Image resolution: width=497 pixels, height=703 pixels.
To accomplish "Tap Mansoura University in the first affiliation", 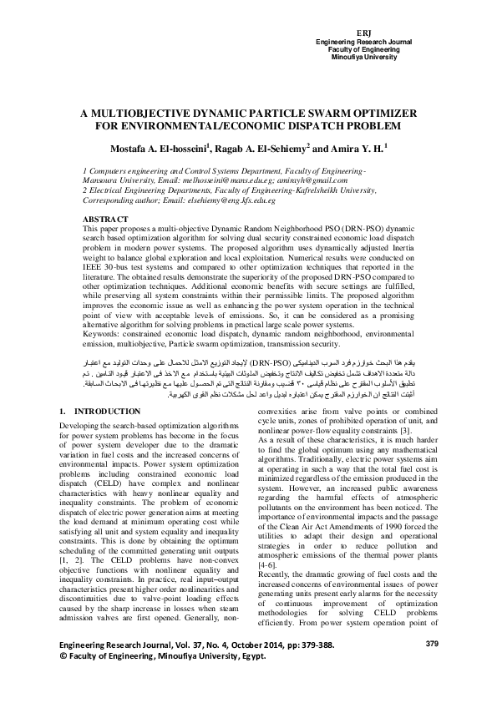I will [115, 180].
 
